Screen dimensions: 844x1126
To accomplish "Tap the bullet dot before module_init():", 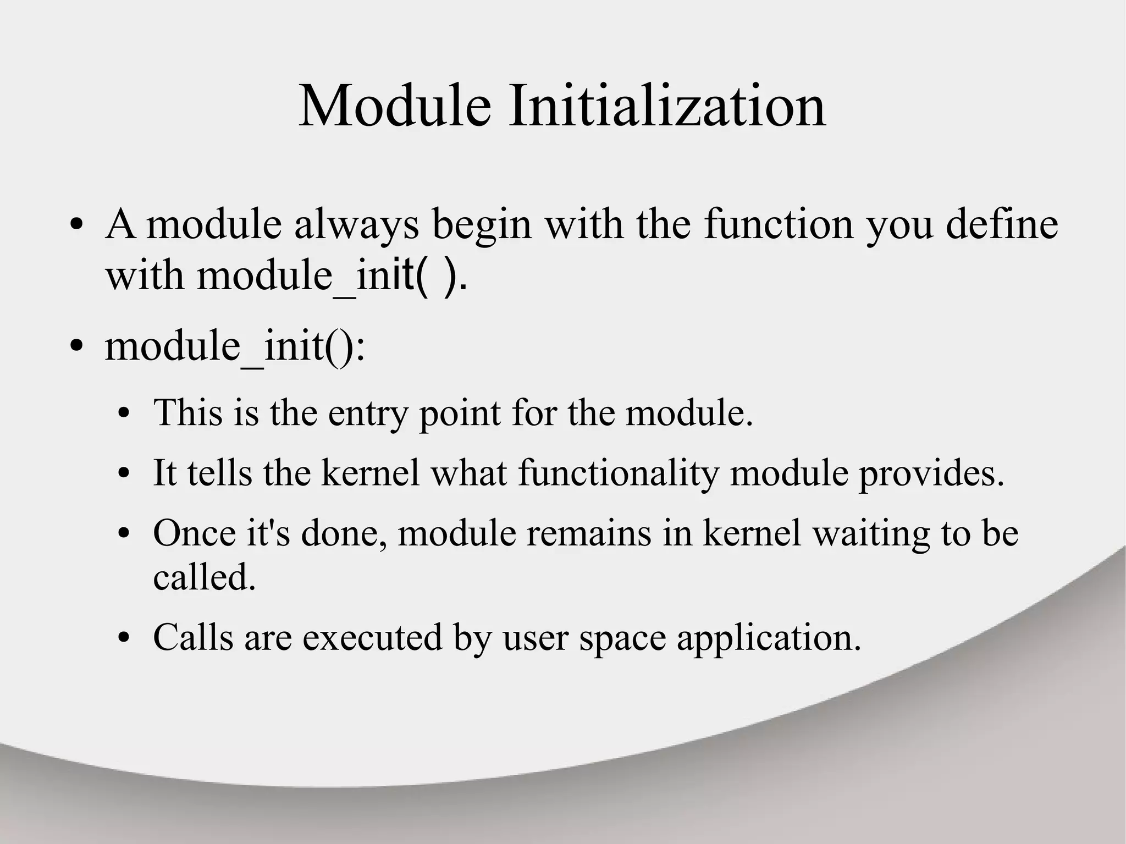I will (x=77, y=347).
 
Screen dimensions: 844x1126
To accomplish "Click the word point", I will (x=460, y=413).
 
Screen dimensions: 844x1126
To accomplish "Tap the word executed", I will (x=372, y=638).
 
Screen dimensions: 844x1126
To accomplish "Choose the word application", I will (x=769, y=638).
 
